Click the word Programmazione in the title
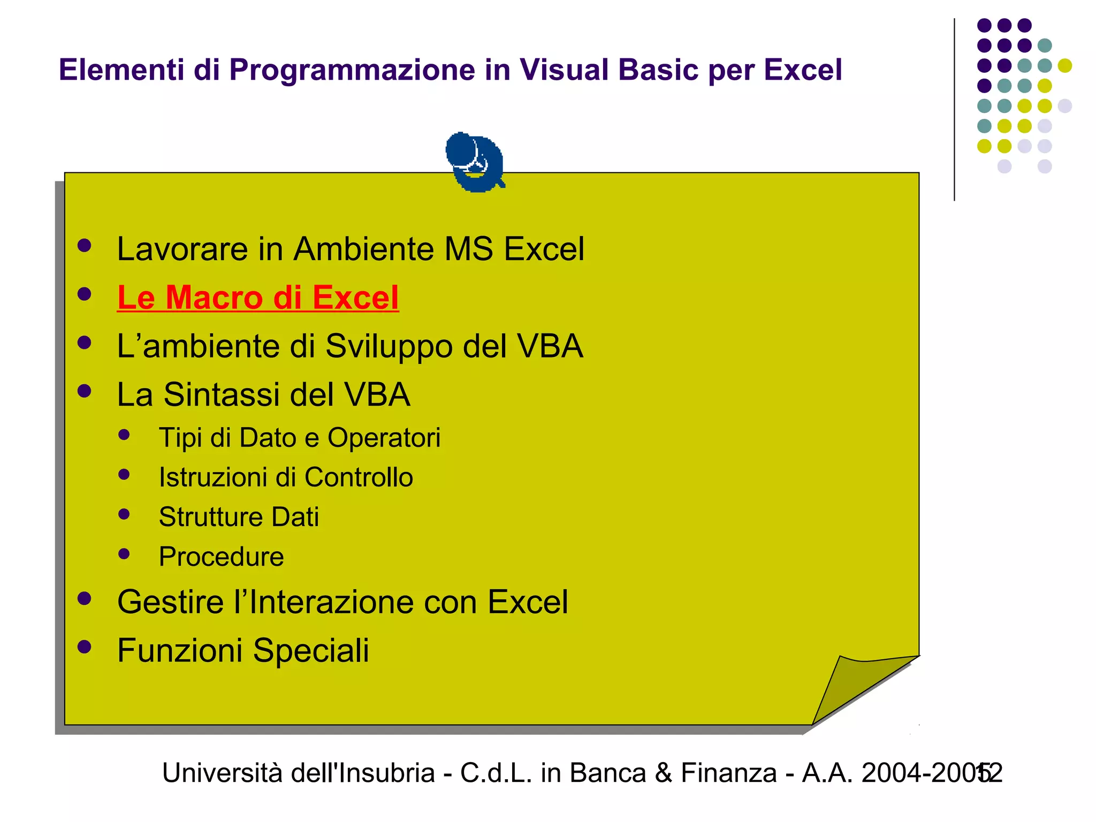(352, 70)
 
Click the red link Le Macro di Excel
(258, 298)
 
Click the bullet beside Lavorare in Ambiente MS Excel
(85, 246)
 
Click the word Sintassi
(222, 395)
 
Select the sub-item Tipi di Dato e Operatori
(299, 438)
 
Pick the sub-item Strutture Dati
(239, 517)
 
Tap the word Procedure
(221, 557)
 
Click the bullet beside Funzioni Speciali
(85, 647)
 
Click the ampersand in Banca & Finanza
(663, 773)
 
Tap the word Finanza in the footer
(728, 773)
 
